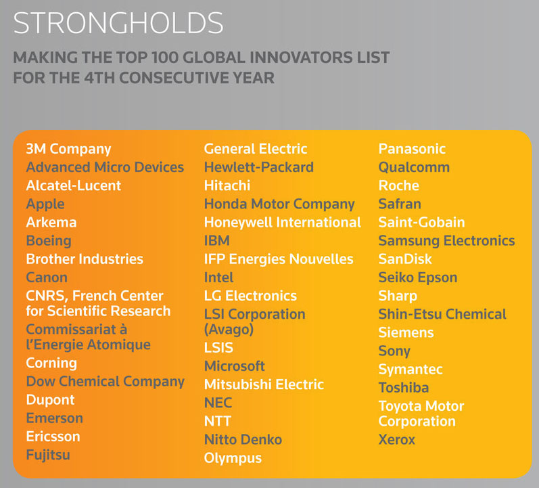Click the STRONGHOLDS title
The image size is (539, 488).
coord(118,23)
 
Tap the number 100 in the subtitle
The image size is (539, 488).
coord(164,58)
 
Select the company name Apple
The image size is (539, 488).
coord(45,204)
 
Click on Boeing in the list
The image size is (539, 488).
coord(49,241)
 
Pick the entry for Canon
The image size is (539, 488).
coord(47,278)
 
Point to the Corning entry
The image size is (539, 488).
coord(51,363)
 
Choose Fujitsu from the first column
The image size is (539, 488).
coord(48,455)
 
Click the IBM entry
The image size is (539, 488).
coord(217,240)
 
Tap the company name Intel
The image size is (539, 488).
coord(218,278)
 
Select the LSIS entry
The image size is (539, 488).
coord(218,348)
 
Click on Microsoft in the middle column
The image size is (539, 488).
coord(235,366)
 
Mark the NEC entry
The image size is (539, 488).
coord(218,403)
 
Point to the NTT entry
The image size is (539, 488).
coord(218,421)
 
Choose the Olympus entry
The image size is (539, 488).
coord(233,458)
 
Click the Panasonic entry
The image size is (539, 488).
coord(412,149)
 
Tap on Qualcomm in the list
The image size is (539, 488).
coord(414,167)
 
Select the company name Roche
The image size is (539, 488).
coord(399,185)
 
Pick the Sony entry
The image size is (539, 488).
coord(394,351)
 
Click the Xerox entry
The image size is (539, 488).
coord(397,439)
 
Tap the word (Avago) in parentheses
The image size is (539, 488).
coord(229,330)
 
